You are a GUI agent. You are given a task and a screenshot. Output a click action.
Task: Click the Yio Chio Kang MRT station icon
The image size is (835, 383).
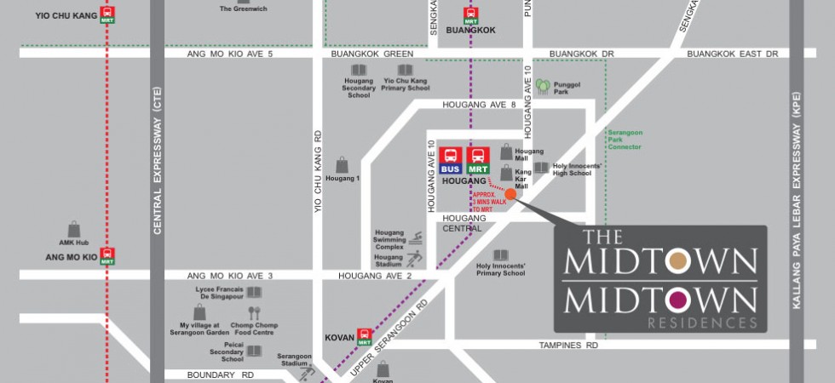[107, 14]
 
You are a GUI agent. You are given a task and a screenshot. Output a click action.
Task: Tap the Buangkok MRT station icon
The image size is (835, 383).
[470, 14]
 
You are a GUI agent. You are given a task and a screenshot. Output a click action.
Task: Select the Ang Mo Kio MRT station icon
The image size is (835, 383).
[107, 255]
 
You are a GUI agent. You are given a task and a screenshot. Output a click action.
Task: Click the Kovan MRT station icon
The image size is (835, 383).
[365, 336]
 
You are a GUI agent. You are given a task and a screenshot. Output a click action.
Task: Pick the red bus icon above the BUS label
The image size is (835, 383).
[452, 156]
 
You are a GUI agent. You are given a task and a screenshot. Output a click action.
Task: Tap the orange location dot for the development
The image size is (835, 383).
[510, 194]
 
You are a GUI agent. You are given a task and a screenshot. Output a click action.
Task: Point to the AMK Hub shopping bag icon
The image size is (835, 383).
[74, 229]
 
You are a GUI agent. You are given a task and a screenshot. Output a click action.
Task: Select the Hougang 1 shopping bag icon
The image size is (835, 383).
[342, 164]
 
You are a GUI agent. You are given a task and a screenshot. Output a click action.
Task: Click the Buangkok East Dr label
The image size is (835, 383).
[733, 54]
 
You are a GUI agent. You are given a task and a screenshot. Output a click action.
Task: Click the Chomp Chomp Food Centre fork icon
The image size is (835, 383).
[255, 314]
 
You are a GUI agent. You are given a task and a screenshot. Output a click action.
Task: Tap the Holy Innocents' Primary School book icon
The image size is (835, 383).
[501, 255]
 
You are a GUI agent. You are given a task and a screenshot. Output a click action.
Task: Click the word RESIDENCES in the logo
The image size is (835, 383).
[702, 323]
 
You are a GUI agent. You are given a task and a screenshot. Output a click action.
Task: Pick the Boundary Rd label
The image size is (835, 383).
[222, 374]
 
